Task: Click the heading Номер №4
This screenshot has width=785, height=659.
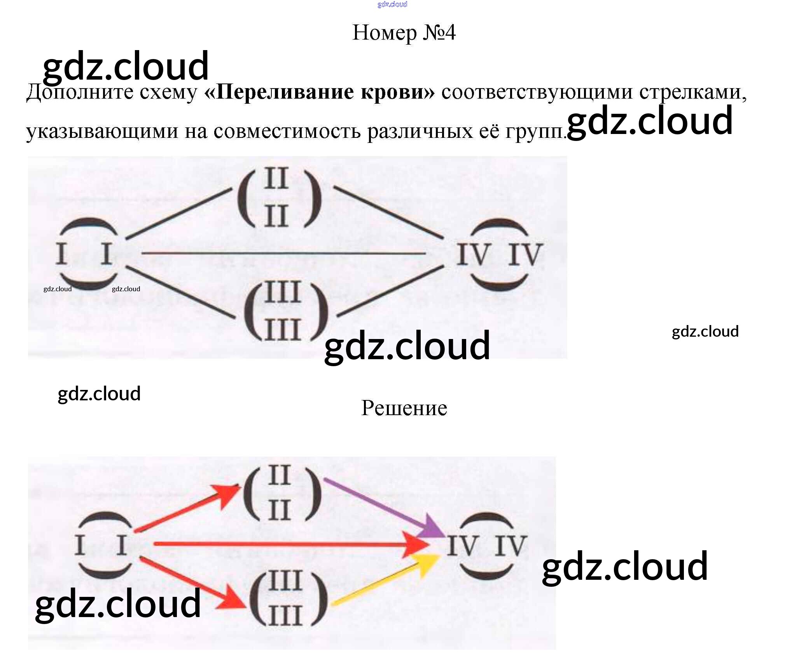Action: (x=404, y=33)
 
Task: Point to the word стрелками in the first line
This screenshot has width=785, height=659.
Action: (x=692, y=92)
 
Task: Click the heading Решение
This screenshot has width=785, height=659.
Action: (x=404, y=408)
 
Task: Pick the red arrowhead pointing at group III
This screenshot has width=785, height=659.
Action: (x=234, y=600)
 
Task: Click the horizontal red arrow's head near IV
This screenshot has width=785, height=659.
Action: (x=418, y=544)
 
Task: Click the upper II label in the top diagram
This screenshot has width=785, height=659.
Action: (x=276, y=178)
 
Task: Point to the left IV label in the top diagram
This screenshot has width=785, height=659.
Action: (x=472, y=254)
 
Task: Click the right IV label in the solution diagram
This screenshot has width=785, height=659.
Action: (x=511, y=545)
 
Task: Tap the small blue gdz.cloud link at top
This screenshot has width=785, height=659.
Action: (x=392, y=4)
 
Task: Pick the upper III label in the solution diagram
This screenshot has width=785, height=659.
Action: (x=285, y=581)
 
